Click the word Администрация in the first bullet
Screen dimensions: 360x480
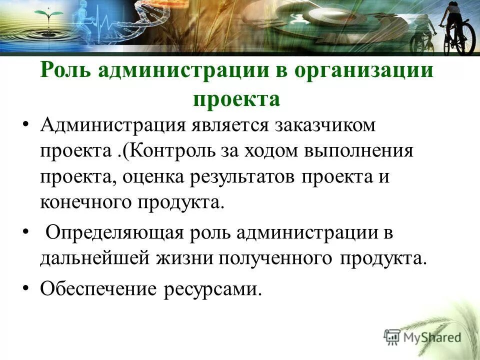110,124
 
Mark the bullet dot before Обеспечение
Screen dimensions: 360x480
26,288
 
